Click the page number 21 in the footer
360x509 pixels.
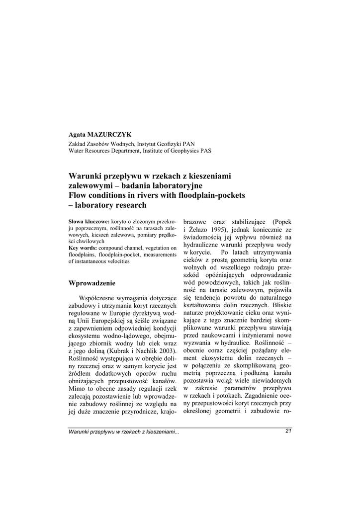pyautogui.click(x=288, y=431)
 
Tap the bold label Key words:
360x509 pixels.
pyautogui.click(x=83, y=248)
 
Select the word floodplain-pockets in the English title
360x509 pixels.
pyautogui.click(x=206, y=195)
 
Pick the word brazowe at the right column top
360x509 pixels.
pyautogui.click(x=196, y=221)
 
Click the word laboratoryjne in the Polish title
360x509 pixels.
pyautogui.click(x=168, y=185)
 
